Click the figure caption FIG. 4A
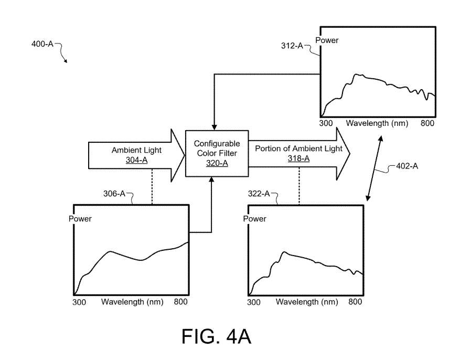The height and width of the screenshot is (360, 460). (x=217, y=336)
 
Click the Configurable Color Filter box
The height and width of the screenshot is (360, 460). (x=217, y=154)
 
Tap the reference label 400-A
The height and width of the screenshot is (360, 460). (x=42, y=44)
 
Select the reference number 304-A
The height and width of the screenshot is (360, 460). (x=136, y=160)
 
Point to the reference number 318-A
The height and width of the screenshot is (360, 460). (x=298, y=158)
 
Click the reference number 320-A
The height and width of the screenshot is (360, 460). (x=217, y=163)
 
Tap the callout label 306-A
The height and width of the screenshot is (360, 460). (x=114, y=194)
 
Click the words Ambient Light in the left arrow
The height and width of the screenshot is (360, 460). (x=136, y=150)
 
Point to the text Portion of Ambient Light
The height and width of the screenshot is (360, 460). (x=298, y=149)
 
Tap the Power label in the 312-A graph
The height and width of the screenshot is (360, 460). (x=327, y=40)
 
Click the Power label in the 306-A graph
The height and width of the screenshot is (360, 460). (x=80, y=218)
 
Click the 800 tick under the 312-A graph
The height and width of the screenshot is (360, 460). (x=428, y=123)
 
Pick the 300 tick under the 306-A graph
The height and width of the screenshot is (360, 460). (x=79, y=302)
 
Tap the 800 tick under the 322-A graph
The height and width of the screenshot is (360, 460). (x=355, y=302)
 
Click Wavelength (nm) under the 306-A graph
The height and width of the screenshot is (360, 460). (x=132, y=302)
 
